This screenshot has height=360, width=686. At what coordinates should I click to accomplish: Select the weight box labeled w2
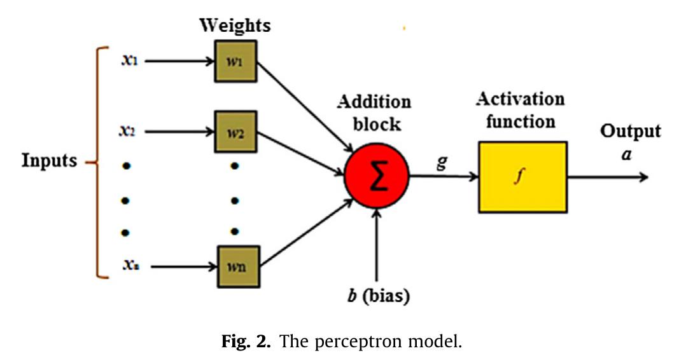coord(235,132)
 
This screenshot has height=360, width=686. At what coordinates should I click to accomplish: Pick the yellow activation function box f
coord(522,177)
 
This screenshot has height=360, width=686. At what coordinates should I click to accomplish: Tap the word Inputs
coord(50,161)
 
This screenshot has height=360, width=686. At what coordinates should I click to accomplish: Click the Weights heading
coord(235,26)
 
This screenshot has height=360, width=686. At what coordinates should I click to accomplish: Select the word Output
coord(631,132)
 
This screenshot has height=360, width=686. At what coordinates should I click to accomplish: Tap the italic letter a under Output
coord(627,154)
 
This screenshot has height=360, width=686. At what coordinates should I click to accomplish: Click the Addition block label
coord(374,113)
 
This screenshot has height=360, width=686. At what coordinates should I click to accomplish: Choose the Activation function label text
coord(521,109)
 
